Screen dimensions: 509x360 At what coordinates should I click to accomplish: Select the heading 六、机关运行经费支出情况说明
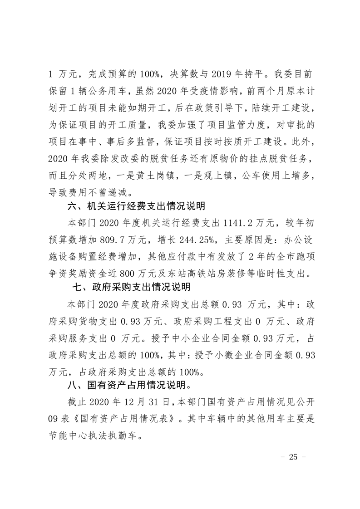[x=136, y=206]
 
